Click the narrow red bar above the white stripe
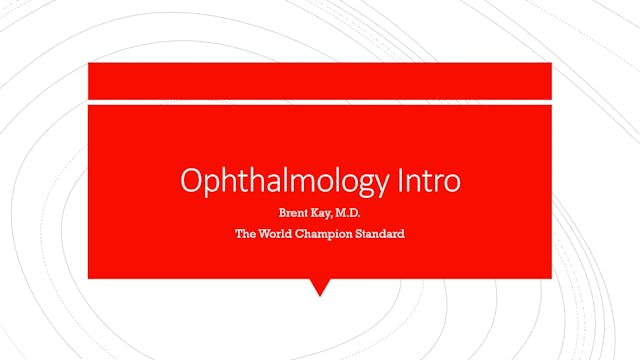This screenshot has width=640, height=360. click(320, 80)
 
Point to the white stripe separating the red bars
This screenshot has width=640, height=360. click(320, 100)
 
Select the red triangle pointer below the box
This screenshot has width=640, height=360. click(320, 287)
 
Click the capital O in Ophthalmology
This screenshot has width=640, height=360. click(190, 181)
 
